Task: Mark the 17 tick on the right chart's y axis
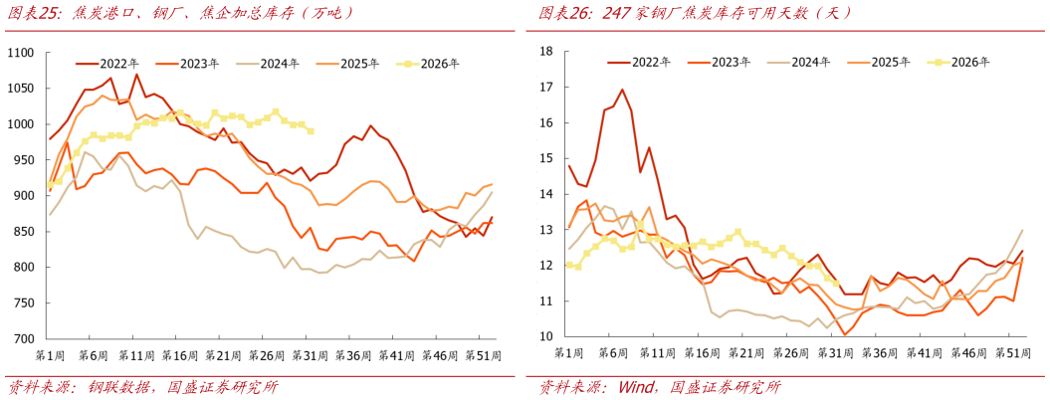coord(545,88)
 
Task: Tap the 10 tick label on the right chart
coord(545,337)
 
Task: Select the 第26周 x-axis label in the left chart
coord(265,353)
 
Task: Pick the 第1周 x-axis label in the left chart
coord(52,353)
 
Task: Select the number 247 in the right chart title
coord(619,13)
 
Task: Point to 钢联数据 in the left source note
coord(125,387)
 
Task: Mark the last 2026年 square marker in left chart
coord(311,131)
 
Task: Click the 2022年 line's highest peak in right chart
coord(621,90)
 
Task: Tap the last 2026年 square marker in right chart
coord(835,284)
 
